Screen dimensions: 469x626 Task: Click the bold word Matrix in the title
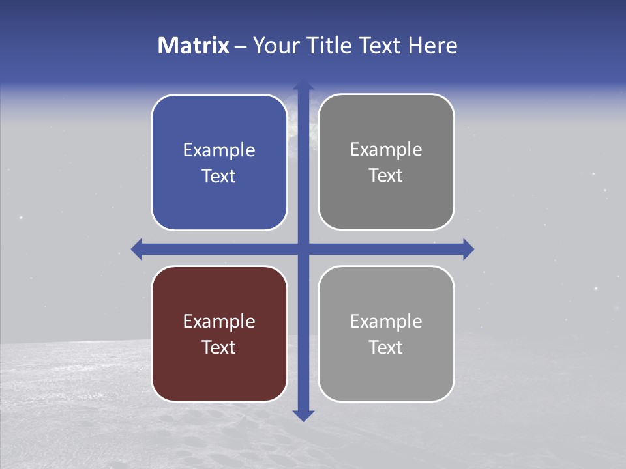194,46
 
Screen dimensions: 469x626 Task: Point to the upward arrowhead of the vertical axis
303,85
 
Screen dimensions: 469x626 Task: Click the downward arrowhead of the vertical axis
303,415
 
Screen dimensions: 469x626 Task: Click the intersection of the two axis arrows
303,249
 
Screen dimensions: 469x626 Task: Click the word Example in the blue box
219,150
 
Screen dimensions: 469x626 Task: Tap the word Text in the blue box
219,177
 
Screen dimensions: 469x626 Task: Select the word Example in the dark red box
219,322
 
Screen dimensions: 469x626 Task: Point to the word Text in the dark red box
219,348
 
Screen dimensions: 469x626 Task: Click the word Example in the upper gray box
386,150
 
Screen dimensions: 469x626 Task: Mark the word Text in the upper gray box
386,176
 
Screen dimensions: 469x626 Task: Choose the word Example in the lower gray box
386,322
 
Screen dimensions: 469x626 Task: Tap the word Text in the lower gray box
386,348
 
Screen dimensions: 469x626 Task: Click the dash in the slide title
241,46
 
